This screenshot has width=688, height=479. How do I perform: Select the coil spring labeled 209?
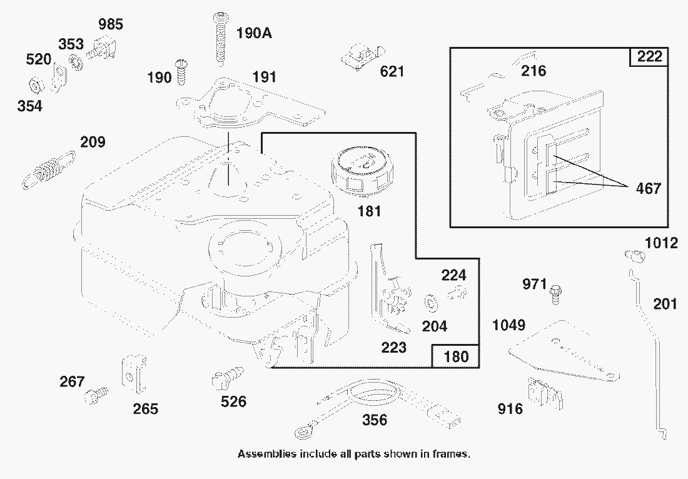pyautogui.click(x=48, y=170)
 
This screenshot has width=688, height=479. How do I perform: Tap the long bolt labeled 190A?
pyautogui.click(x=220, y=38)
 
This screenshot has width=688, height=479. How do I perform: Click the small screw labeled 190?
pyautogui.click(x=182, y=71)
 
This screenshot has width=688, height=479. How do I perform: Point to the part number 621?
pyautogui.click(x=392, y=71)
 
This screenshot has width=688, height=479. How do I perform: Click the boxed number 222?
pyautogui.click(x=649, y=57)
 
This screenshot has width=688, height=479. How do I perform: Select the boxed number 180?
pyautogui.click(x=456, y=357)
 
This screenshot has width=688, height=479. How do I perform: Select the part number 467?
pyautogui.click(x=647, y=188)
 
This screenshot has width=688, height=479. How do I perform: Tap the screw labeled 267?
pyautogui.click(x=96, y=394)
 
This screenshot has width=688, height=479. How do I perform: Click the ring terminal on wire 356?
pyautogui.click(x=302, y=431)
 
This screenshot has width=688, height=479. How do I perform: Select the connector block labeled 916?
pyautogui.click(x=544, y=391)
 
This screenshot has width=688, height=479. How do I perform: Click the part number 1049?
pyautogui.click(x=508, y=325)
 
